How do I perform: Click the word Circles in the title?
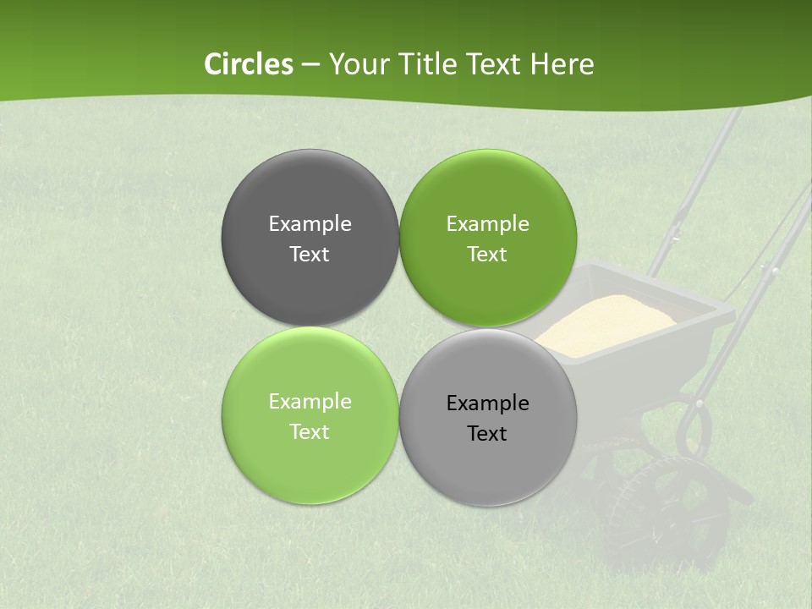coord(249,64)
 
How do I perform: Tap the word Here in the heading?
coord(562,64)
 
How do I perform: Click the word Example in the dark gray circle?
coord(310,223)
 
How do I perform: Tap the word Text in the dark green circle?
coord(487,255)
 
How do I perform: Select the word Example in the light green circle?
coord(310,401)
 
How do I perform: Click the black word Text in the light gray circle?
coord(487,434)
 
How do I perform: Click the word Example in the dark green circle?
coord(487,223)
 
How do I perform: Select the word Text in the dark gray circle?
coord(310,255)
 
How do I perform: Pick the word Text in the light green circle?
coord(310,432)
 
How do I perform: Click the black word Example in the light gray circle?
coord(487,403)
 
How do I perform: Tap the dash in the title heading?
coord(310,65)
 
